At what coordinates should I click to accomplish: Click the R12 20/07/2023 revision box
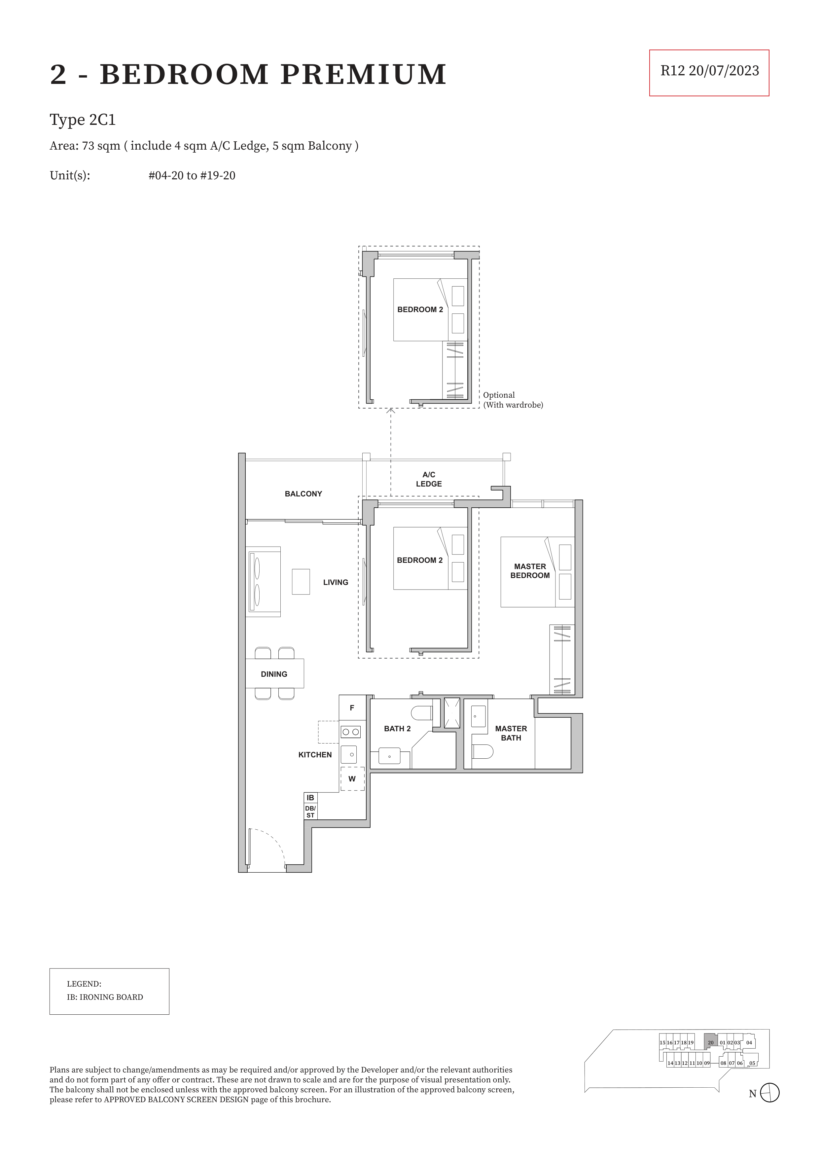709,73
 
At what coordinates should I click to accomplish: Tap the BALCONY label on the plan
303,494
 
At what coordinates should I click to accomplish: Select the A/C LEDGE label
429,479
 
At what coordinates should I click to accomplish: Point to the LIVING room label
336,582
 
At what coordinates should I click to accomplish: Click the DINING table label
274,674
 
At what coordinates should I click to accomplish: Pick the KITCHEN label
315,755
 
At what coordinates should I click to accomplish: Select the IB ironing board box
310,798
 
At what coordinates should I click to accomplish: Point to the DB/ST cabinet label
310,812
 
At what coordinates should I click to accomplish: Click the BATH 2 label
397,728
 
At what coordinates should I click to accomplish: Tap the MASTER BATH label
511,733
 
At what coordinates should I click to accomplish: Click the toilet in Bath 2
422,713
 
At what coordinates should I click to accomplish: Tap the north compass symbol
769,1093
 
